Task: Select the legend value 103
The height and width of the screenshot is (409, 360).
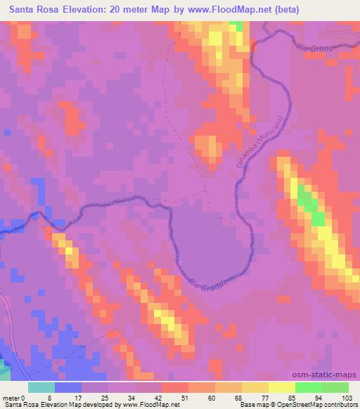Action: pyautogui.click(x=347, y=398)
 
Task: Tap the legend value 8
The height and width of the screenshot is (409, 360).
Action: pyautogui.click(x=55, y=398)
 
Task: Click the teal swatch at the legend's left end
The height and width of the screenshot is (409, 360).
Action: pyautogui.click(x=41, y=387)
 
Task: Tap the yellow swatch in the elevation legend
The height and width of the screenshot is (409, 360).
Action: pyautogui.click(x=282, y=387)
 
